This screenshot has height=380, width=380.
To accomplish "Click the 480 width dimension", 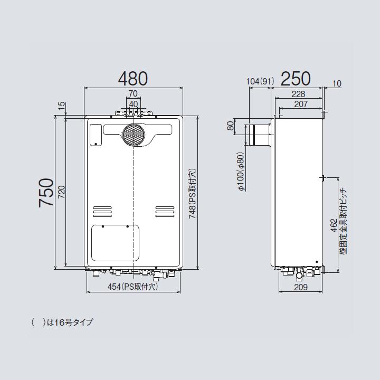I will (133, 79).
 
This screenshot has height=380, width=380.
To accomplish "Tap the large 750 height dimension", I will (46, 193).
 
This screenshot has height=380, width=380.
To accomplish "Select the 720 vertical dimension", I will (62, 193).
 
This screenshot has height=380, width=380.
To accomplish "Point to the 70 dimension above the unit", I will (133, 94).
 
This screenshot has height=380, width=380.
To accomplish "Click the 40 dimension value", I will (133, 104).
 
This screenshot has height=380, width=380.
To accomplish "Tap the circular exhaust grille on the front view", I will (133, 135).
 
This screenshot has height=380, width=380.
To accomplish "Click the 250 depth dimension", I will (296, 79).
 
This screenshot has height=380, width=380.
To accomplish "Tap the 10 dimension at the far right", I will (338, 83).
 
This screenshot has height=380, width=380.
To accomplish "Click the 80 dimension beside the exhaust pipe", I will (230, 127).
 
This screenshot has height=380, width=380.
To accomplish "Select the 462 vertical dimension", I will (334, 226).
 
